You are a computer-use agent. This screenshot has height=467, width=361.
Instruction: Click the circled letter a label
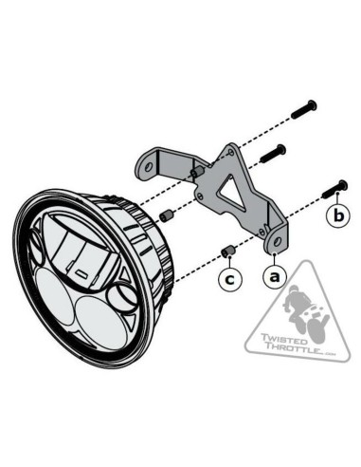click(275, 277)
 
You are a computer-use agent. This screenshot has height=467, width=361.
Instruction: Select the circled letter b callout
click(340, 216)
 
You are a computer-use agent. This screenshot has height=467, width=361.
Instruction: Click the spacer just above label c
click(227, 252)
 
